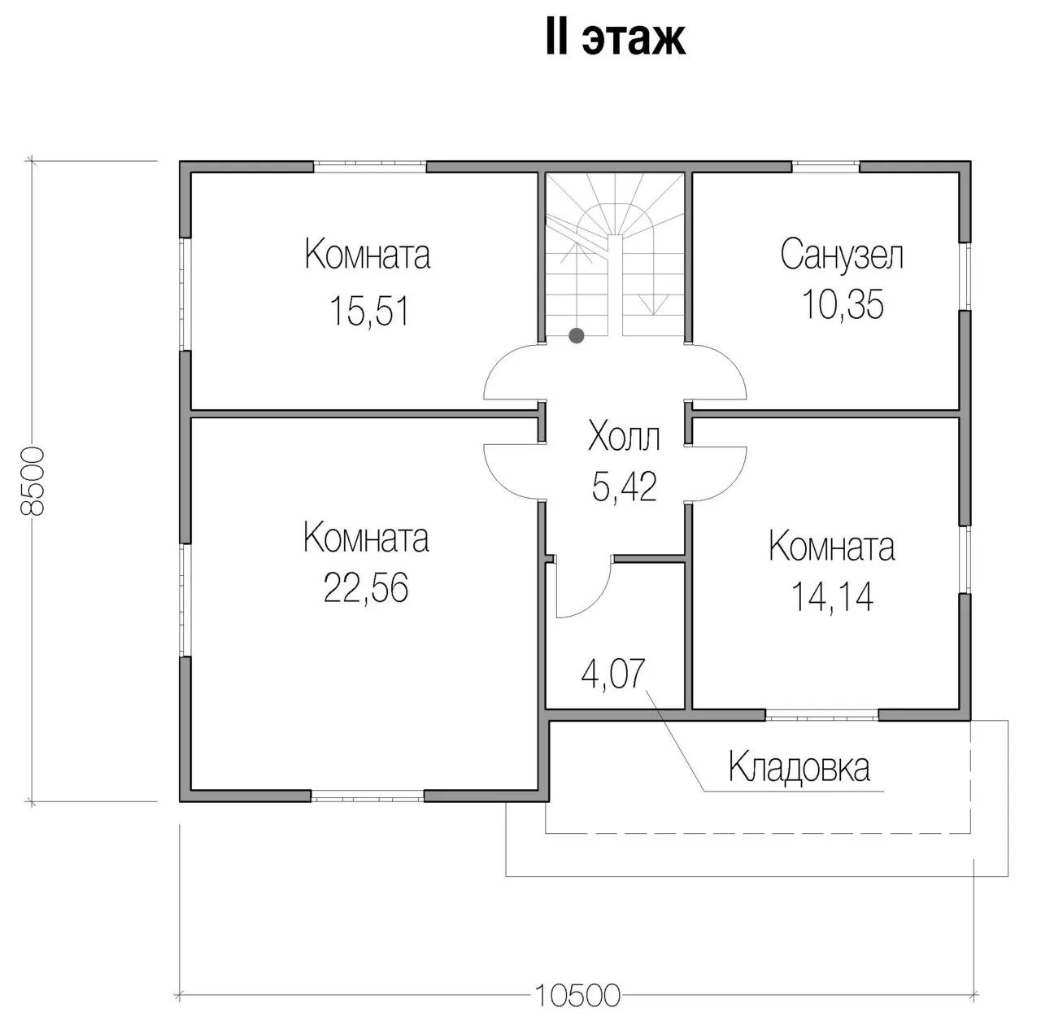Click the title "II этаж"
click(x=616, y=39)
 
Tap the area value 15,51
click(x=369, y=311)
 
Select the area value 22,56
click(x=366, y=587)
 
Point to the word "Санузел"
click(x=842, y=254)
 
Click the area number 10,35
click(x=843, y=303)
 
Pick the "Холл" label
click(x=624, y=437)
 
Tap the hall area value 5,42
click(x=625, y=487)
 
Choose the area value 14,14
click(x=832, y=596)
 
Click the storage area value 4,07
click(x=613, y=674)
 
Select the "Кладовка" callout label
click(x=799, y=766)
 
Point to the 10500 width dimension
click(x=577, y=995)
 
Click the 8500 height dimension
click(x=33, y=481)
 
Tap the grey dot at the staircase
click(x=577, y=336)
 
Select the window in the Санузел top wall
click(x=825, y=167)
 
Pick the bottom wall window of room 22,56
click(x=368, y=795)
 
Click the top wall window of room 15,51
click(x=369, y=167)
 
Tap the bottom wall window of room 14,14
click(x=821, y=715)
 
